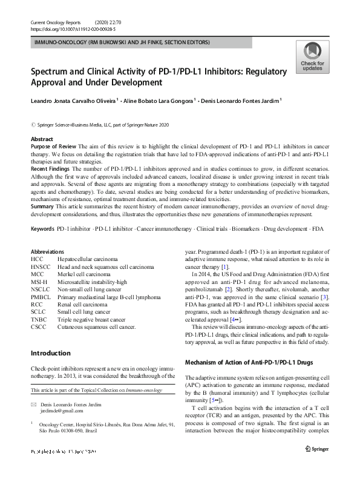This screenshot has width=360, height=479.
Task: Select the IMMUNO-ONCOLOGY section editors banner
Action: (x=123, y=42)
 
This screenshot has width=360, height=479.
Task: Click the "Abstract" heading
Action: (x=42, y=139)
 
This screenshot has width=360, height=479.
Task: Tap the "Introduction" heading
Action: (x=50, y=353)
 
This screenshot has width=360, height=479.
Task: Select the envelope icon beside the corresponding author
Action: (x=34, y=404)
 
